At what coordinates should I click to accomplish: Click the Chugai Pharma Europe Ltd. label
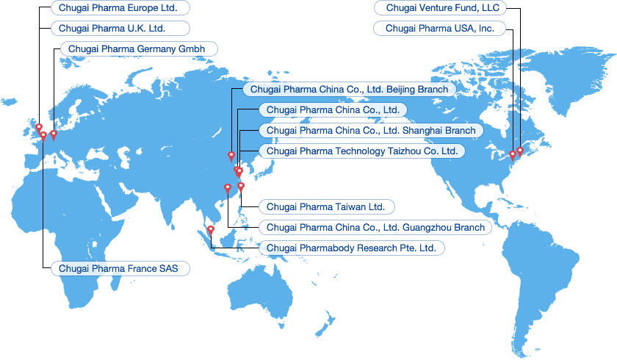click(x=120, y=8)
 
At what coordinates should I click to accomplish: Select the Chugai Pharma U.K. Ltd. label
click(x=120, y=29)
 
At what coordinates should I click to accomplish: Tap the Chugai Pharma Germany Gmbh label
click(x=138, y=49)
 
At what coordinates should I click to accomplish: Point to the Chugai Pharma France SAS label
click(x=120, y=268)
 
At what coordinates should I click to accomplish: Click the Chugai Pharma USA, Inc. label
click(x=440, y=29)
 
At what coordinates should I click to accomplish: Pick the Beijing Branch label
click(x=349, y=89)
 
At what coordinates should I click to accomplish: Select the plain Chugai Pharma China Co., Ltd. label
click(x=332, y=109)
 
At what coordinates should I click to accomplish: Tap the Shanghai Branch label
click(x=371, y=130)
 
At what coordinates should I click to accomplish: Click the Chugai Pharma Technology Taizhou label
click(x=362, y=151)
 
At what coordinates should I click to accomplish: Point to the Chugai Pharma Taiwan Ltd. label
click(x=325, y=206)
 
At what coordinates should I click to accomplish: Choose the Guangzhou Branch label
click(x=375, y=227)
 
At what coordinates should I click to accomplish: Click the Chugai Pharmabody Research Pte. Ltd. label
click(x=351, y=248)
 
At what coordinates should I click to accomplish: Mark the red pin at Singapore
click(x=211, y=231)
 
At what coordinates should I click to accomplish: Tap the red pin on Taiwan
click(x=241, y=187)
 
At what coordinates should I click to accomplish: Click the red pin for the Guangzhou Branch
click(x=227, y=188)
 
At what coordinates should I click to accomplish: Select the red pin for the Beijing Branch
click(x=231, y=156)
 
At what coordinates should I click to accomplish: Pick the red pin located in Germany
click(x=53, y=134)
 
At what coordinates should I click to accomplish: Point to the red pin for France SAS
click(x=43, y=135)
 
